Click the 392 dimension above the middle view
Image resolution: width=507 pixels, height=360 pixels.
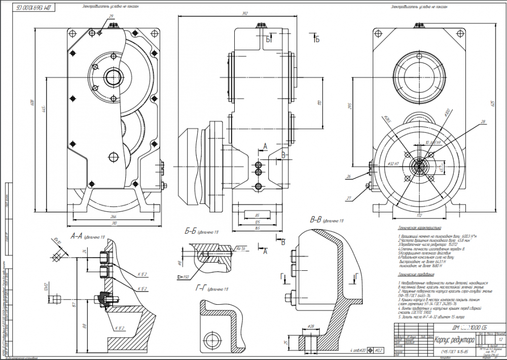pyautogui.click(x=246, y=14)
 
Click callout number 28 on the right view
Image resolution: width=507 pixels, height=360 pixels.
pyautogui.click(x=483, y=122)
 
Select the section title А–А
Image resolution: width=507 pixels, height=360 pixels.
pyautogui.click(x=77, y=236)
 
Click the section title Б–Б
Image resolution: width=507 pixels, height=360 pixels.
pyautogui.click(x=191, y=232)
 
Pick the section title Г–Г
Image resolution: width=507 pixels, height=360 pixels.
pyautogui.click(x=201, y=288)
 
